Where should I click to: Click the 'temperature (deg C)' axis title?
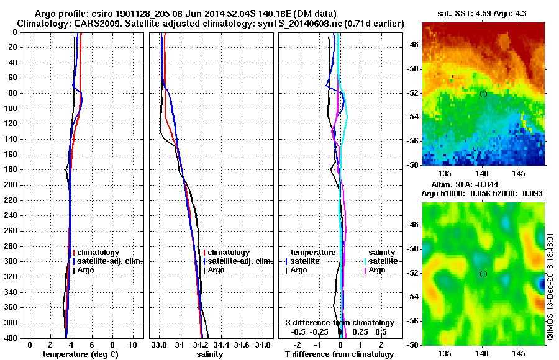[x=80, y=354]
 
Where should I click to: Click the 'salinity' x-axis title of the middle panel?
[x=210, y=354]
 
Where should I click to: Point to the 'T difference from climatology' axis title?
[x=340, y=354]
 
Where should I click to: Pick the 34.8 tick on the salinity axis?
[x=263, y=344]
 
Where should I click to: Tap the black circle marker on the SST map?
[x=483, y=94]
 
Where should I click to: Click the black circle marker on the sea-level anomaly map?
[x=483, y=274]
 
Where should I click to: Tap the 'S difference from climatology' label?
[x=340, y=323]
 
